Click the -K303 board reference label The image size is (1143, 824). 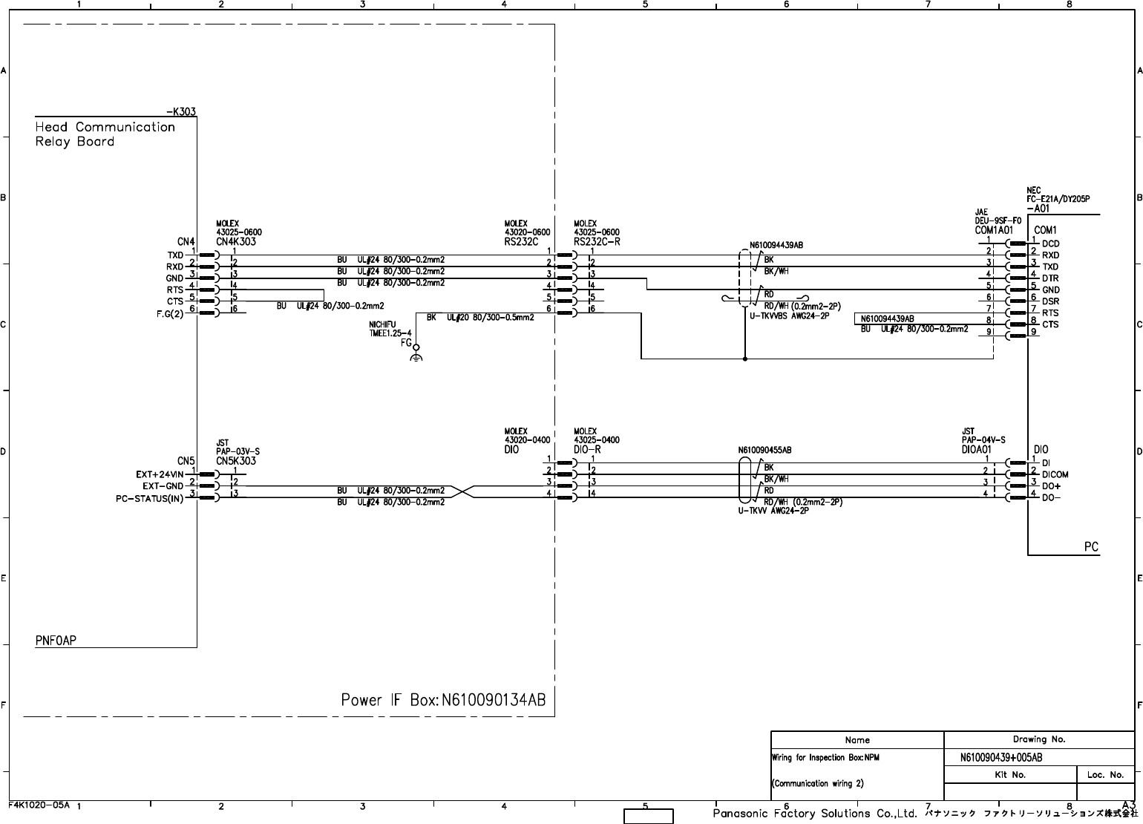(x=180, y=112)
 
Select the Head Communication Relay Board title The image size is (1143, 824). (x=105, y=134)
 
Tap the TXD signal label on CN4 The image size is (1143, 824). (x=175, y=255)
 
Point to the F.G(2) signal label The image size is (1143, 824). (x=170, y=313)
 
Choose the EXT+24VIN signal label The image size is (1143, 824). (x=160, y=474)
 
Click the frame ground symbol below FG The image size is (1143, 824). (x=416, y=359)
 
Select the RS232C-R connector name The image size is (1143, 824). (x=597, y=241)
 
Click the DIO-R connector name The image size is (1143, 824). (x=587, y=449)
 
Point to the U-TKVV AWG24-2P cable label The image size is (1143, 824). (x=773, y=510)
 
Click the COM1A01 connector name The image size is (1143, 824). (x=994, y=230)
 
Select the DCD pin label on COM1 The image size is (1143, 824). (x=1050, y=243)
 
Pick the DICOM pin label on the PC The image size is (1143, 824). (x=1055, y=474)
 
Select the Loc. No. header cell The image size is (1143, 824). (x=1105, y=774)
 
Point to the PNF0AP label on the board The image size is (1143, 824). (x=56, y=640)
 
